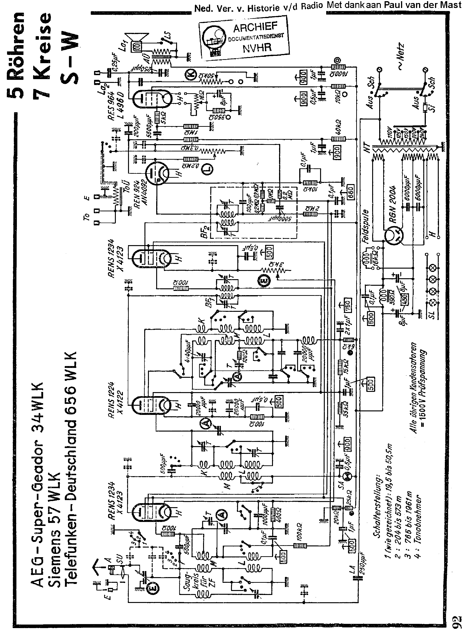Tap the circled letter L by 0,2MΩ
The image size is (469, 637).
click(x=208, y=170)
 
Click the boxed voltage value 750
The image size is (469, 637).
click(x=348, y=305)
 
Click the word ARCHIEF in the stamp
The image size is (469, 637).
click(x=255, y=27)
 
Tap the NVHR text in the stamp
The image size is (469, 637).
click(x=257, y=48)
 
